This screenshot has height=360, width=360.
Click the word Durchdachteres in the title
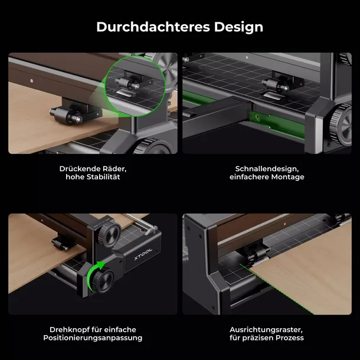153,27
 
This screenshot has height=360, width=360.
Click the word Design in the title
238,28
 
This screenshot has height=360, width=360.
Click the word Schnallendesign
267,169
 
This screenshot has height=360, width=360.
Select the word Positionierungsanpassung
93,338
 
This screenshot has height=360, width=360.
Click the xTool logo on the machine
143,254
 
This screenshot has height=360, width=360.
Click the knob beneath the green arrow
103,281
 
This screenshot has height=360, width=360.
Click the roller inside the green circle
127,83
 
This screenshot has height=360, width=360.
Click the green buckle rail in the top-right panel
276,124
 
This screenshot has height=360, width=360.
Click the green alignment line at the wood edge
276,289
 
